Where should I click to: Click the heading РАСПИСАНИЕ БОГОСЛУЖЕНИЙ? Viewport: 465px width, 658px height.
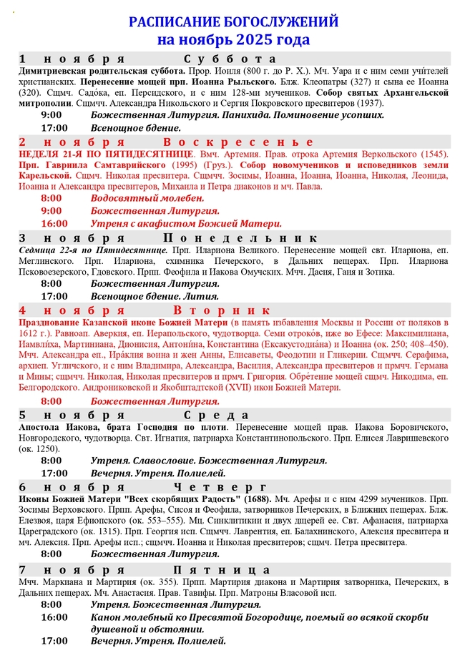pos(233,23)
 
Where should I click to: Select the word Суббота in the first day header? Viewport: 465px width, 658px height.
pos(229,59)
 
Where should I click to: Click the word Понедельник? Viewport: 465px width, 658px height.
pos(240,238)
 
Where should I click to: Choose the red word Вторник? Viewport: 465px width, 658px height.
pos(222,310)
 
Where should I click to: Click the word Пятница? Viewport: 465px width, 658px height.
pos(227,570)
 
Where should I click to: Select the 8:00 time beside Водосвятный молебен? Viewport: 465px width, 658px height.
pos(52,197)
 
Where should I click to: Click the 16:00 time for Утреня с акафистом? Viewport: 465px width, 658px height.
pos(54,223)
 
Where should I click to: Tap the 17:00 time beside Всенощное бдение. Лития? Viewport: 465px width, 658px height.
pos(54,295)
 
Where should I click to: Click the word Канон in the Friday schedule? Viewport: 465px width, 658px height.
pos(108,617)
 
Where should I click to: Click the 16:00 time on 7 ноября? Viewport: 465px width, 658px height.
pos(54,617)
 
